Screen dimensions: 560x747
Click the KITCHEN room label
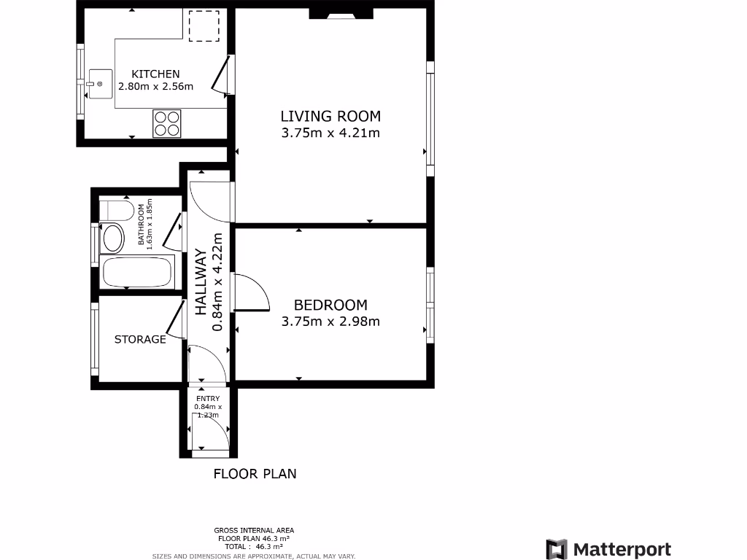click(155, 74)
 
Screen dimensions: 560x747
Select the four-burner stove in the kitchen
click(167, 122)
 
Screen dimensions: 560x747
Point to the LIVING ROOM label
click(330, 116)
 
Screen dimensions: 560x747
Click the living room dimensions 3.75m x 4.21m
click(330, 133)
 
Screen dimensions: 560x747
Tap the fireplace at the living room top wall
click(341, 13)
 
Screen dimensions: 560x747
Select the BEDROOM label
click(330, 305)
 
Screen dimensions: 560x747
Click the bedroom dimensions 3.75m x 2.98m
click(330, 321)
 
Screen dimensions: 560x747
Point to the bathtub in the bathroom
click(137, 272)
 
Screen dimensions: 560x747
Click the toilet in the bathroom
click(117, 211)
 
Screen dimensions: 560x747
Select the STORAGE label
click(140, 339)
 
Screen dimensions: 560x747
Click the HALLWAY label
click(200, 282)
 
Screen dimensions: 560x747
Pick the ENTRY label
click(207, 397)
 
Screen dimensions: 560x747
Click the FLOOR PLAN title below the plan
click(255, 473)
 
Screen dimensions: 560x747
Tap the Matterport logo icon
click(557, 549)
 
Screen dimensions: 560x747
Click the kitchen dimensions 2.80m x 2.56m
click(155, 87)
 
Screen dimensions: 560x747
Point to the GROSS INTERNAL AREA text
click(254, 530)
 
